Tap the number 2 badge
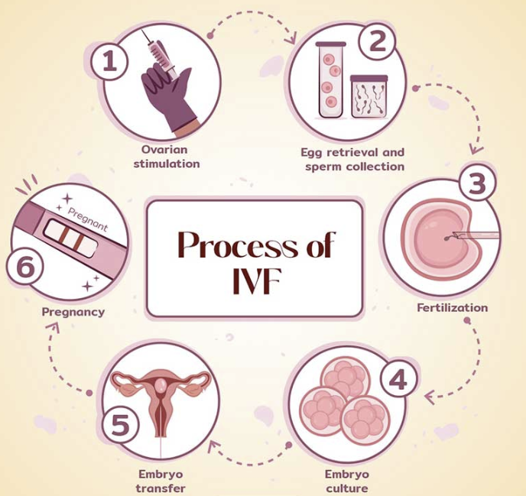[378, 43]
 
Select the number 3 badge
[476, 184]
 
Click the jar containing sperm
[369, 96]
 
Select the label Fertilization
[452, 308]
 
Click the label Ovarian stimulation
[166, 157]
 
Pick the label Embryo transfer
[161, 481]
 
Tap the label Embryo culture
[346, 481]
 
